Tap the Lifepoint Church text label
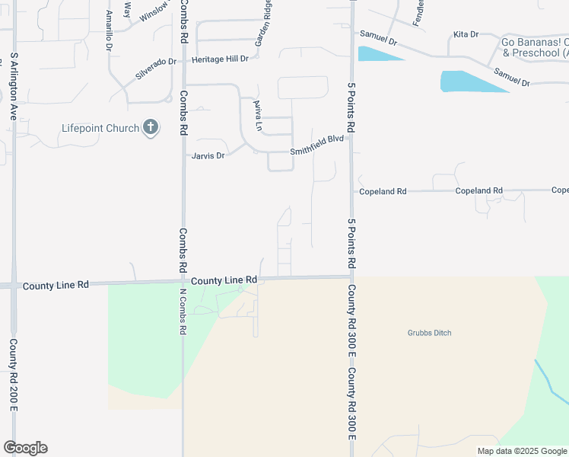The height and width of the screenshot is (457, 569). click(x=100, y=128)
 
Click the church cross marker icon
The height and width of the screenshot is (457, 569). click(x=151, y=127)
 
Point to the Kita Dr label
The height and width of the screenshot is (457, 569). click(x=466, y=34)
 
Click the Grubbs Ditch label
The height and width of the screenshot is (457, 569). click(x=430, y=333)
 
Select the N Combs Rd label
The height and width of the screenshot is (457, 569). click(x=183, y=312)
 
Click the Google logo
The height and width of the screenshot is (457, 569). click(x=25, y=448)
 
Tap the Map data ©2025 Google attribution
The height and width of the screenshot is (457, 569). click(x=521, y=451)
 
